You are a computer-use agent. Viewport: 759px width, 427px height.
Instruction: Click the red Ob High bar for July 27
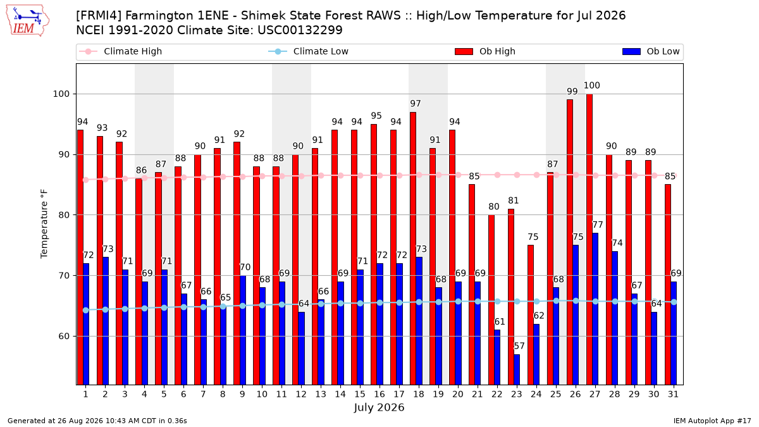coord(589,239)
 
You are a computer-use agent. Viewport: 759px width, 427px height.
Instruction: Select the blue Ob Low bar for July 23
coord(517,369)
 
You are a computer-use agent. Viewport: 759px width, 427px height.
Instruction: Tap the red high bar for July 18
coord(413,249)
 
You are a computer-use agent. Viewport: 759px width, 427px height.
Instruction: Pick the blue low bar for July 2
coord(106,321)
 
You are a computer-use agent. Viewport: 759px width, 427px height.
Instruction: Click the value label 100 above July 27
coord(591,85)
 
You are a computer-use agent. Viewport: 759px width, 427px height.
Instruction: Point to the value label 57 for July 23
coord(519,346)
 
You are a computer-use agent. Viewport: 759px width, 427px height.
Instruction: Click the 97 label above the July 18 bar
coord(416,103)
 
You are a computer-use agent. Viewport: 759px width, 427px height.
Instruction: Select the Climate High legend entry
coord(121,51)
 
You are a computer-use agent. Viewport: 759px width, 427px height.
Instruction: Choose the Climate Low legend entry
coord(309,51)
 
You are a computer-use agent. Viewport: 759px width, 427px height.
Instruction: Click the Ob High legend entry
coord(485,51)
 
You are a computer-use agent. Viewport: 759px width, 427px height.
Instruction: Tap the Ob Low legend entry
coord(651,51)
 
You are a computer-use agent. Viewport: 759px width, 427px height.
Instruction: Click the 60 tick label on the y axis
coord(65,337)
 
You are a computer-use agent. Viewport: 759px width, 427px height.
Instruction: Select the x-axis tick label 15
coord(360,394)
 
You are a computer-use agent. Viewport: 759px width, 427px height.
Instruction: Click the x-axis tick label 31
coord(673,394)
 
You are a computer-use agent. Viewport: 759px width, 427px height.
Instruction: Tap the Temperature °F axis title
coord(44,224)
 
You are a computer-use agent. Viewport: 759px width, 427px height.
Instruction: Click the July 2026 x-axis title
coord(379,407)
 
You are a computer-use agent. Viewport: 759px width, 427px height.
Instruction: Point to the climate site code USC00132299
coord(300,30)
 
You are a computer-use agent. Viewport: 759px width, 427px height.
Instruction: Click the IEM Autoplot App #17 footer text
coord(712,421)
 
